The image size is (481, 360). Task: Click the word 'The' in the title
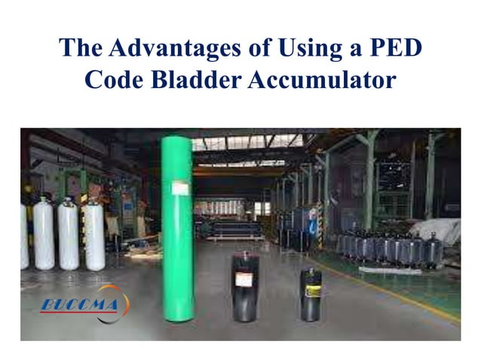click(x=81, y=49)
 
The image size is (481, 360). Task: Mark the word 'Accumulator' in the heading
click(x=322, y=80)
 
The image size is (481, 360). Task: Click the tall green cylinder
click(x=178, y=226)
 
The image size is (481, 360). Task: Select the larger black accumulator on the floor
click(x=244, y=286)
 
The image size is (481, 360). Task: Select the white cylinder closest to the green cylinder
click(x=94, y=235)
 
